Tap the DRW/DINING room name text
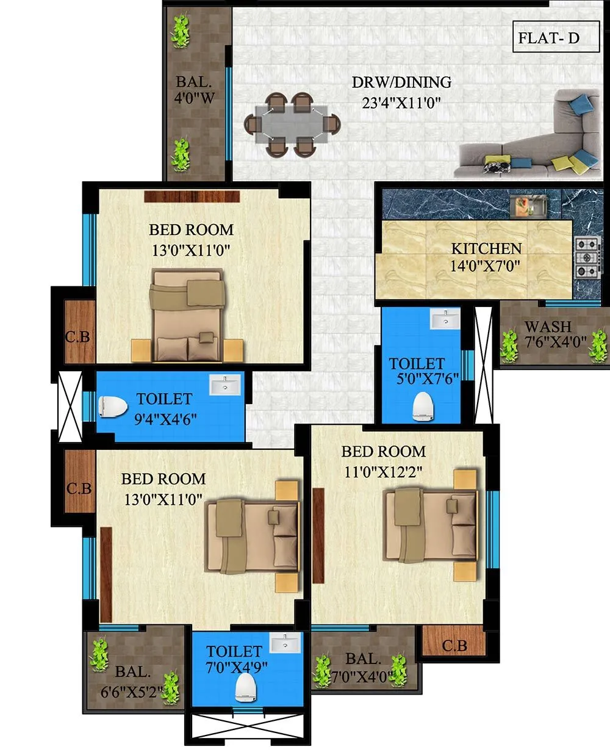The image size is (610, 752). click(x=401, y=82)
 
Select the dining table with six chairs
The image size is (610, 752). click(x=291, y=125)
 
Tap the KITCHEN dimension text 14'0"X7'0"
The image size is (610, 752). click(x=486, y=266)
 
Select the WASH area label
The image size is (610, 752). click(x=548, y=327)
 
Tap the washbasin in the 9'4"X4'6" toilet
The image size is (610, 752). click(x=225, y=385)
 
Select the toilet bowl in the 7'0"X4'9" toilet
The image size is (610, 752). click(x=246, y=686)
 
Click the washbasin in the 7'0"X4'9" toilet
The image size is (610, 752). click(x=285, y=643)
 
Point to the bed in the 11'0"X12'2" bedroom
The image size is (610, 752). click(x=431, y=526)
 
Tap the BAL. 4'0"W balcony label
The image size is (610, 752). click(x=194, y=90)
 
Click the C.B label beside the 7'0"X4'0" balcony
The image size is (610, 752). click(x=454, y=645)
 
